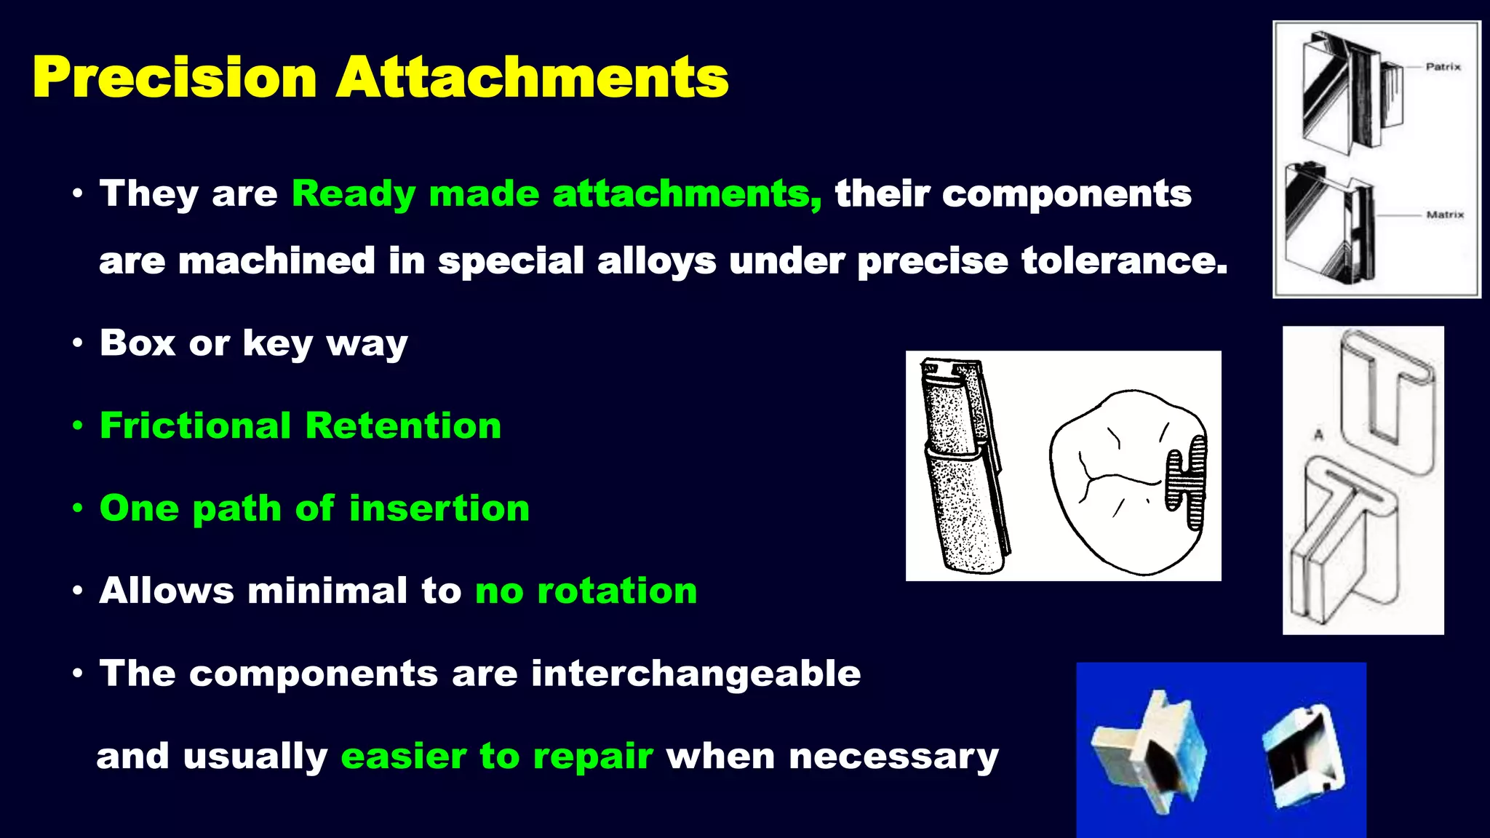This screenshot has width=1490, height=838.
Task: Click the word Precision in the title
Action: (x=175, y=77)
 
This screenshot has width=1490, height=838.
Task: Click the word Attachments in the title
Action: (x=532, y=77)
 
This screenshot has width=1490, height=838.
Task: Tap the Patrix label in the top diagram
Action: (x=1443, y=67)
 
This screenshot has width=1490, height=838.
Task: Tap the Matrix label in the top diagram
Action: (x=1445, y=215)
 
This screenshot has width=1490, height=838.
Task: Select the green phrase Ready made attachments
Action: (x=557, y=194)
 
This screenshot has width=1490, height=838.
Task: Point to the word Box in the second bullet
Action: (x=138, y=343)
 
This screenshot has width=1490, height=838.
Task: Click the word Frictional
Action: (x=195, y=426)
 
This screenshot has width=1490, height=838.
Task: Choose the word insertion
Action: (x=439, y=508)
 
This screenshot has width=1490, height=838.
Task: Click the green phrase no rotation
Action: (x=586, y=591)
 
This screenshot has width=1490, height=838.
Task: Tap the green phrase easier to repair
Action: (x=496, y=757)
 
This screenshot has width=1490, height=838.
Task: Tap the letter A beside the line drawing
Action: (x=1318, y=435)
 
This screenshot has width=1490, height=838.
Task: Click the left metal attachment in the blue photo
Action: (x=1150, y=753)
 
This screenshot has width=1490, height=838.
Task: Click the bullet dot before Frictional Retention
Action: (x=78, y=426)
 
